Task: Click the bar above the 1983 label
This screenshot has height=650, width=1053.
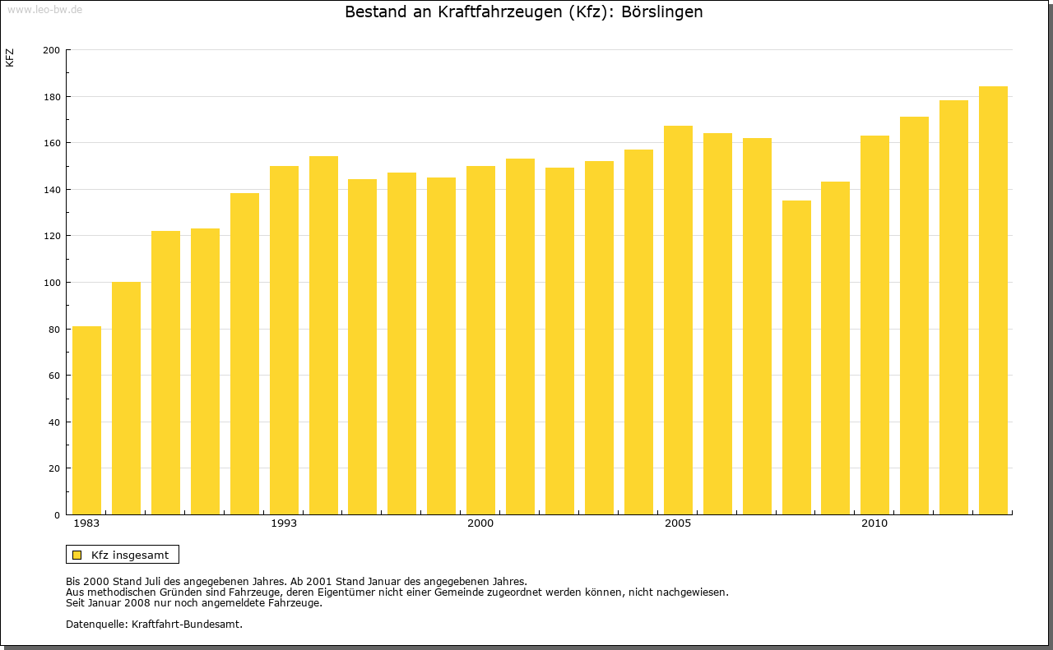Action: tap(86, 420)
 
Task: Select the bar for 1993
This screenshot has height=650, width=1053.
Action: tap(284, 340)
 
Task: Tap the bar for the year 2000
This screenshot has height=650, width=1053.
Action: tap(480, 340)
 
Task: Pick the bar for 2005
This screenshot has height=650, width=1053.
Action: tap(678, 320)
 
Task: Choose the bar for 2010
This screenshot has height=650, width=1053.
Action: tap(874, 325)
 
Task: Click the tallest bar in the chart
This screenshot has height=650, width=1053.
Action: tap(993, 300)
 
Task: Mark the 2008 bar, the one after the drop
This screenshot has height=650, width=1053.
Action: tap(796, 357)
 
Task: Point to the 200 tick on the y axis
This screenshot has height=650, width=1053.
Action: tap(51, 50)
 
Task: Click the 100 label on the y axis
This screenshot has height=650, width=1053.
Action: tap(51, 283)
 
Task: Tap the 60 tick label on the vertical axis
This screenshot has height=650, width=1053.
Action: tap(53, 376)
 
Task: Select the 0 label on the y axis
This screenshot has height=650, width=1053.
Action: tap(57, 515)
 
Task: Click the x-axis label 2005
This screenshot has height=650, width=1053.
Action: tap(678, 523)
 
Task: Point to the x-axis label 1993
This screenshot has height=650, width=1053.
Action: tap(284, 523)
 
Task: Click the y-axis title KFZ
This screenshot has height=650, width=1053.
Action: tap(10, 58)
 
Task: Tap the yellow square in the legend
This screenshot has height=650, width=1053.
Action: tap(77, 555)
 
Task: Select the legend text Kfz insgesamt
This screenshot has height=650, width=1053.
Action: tap(130, 555)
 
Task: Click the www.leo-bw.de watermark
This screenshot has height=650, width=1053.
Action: tap(44, 8)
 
